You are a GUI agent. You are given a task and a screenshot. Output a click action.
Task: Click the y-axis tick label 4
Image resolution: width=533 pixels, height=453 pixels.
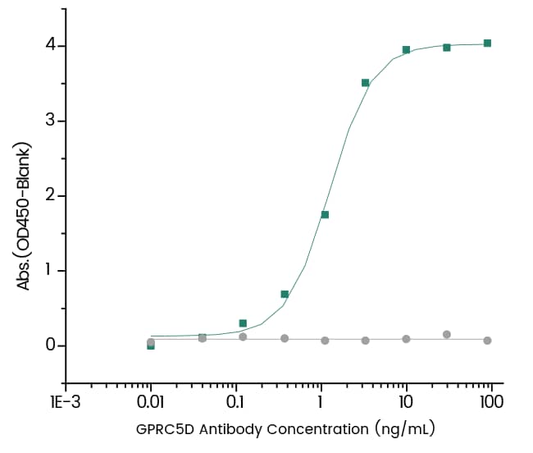50,45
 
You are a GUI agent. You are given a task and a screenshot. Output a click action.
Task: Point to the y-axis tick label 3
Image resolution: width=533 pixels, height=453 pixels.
50,121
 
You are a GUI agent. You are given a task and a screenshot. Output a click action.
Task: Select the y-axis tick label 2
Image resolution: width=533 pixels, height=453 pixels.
50,195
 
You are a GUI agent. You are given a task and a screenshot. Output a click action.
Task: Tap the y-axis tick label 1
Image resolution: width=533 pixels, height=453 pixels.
50,271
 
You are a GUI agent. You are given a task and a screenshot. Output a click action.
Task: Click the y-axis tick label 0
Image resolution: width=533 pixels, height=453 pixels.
50,345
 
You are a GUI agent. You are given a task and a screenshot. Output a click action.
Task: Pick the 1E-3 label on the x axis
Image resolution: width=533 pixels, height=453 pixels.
66,402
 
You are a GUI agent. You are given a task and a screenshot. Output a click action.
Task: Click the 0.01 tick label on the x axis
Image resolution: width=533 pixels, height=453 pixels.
150,402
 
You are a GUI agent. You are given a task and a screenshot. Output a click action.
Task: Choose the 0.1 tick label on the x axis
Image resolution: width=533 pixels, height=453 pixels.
236,402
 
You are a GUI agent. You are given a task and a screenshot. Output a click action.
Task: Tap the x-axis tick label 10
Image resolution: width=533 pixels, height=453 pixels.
405,402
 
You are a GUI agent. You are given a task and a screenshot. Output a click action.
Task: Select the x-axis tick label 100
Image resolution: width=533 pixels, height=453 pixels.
490,402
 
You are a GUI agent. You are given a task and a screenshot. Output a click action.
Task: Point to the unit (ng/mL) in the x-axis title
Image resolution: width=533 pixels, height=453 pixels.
402,428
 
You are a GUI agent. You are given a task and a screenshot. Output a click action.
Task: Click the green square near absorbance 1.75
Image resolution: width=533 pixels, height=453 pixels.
325,215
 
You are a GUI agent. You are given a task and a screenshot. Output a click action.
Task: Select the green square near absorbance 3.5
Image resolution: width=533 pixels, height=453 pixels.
366,83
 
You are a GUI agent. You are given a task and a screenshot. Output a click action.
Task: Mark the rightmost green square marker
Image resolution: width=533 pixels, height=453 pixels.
487,43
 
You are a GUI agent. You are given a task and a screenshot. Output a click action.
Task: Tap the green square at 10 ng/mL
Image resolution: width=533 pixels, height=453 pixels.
406,50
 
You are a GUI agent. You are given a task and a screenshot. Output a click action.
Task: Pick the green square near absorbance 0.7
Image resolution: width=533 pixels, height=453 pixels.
285,294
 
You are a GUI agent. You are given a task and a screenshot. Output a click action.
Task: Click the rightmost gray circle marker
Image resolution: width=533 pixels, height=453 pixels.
487,340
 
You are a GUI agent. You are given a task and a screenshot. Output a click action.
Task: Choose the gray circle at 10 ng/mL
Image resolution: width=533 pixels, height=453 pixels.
406,338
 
